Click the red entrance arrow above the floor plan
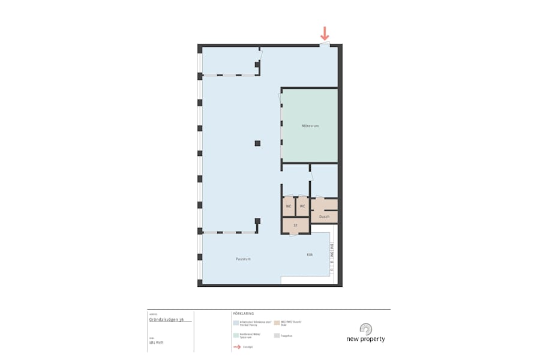click(x=325, y=34)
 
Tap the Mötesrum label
click(x=310, y=126)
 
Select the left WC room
click(x=289, y=206)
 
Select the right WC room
click(x=302, y=206)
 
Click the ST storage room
click(x=296, y=225)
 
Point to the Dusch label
click(x=324, y=217)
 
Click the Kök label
click(x=310, y=254)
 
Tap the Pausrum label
click(x=243, y=259)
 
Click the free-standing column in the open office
click(x=257, y=143)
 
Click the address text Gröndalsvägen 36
click(x=167, y=320)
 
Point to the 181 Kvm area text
click(x=156, y=342)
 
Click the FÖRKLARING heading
click(x=244, y=313)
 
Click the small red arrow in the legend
click(x=236, y=347)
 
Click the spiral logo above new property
click(x=365, y=329)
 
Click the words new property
click(x=365, y=339)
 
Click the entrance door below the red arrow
click(x=325, y=44)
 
